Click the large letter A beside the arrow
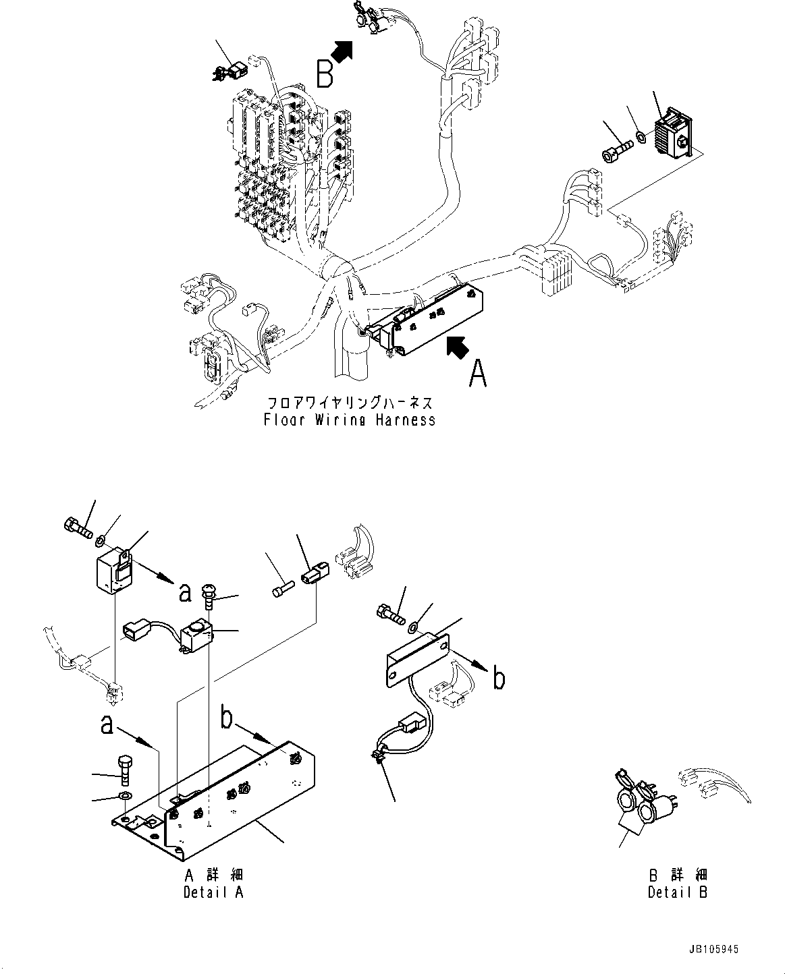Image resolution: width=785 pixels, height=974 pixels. coord(478,373)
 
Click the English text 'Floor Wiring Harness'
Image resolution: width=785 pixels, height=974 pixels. coord(350,420)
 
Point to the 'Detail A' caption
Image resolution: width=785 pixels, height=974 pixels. coord(213,892)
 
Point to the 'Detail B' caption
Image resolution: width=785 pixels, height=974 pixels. coord(677,892)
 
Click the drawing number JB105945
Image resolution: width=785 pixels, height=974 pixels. coord(715,948)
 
